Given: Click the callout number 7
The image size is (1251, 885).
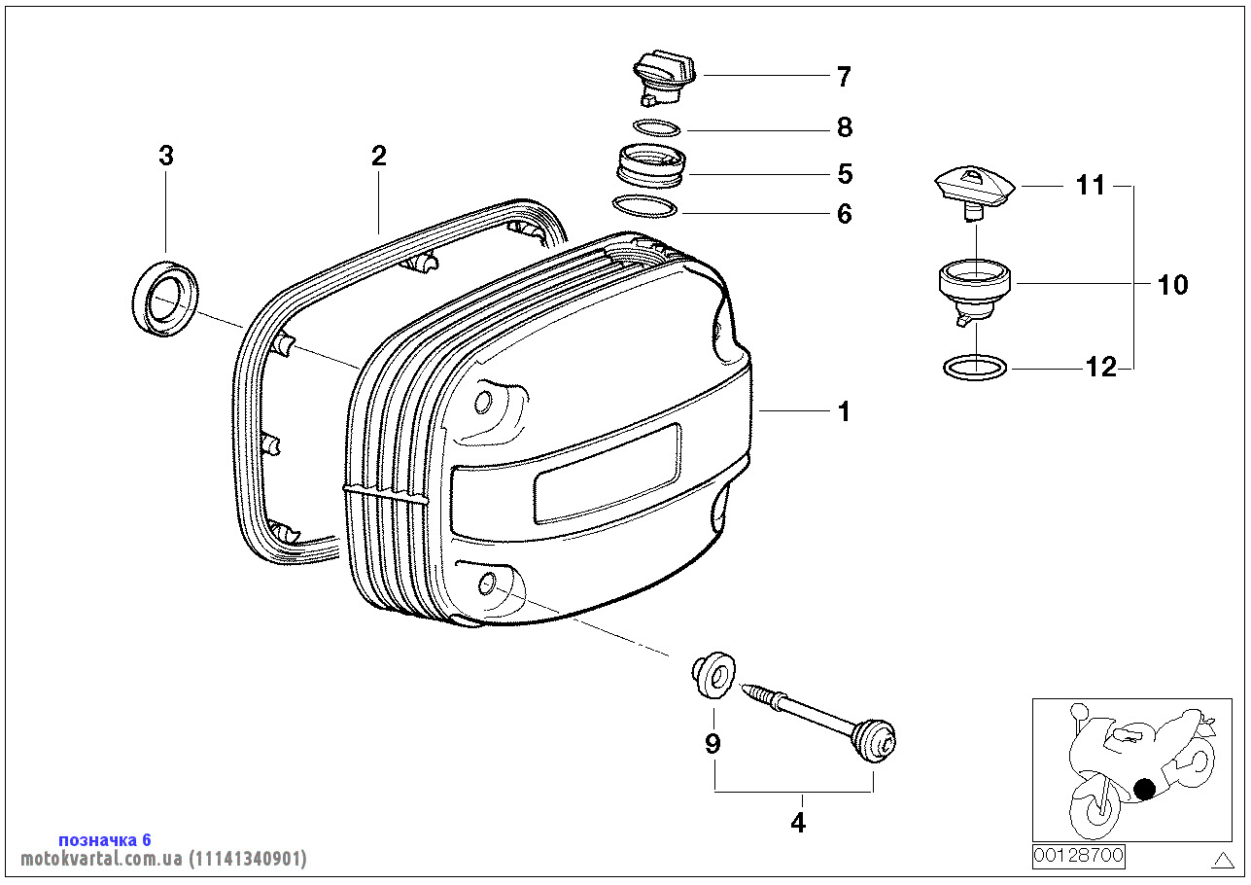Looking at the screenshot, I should tap(843, 76).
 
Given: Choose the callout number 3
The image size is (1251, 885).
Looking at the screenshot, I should tap(166, 156).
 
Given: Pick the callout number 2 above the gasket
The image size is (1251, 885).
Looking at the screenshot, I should tap(378, 156).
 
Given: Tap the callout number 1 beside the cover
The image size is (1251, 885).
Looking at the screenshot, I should tap(844, 411).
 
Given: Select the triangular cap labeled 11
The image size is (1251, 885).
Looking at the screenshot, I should tap(973, 185).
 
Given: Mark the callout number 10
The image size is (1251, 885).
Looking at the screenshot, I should tap(1173, 285).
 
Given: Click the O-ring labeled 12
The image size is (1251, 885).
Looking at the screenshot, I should tap(975, 368).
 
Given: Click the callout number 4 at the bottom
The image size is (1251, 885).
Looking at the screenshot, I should tap(797, 823).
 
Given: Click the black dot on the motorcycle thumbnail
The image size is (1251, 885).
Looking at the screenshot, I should tap(1146, 789).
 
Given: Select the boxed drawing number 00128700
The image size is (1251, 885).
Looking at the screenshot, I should tap(1078, 857).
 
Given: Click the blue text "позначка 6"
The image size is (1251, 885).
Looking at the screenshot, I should tap(105, 839).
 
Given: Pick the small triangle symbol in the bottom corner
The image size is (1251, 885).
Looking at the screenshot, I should tap(1223, 859).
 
